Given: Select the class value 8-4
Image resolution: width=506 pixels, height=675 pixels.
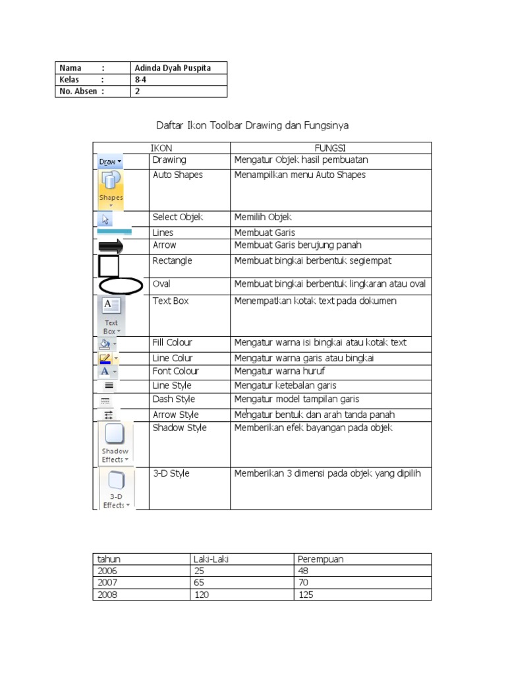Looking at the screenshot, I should [140, 80].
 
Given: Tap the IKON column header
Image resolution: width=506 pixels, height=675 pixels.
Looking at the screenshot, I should [161, 148].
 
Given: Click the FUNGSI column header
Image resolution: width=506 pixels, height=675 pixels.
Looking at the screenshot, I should [330, 148].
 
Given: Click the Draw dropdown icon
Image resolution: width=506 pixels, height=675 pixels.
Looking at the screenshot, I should [110, 161].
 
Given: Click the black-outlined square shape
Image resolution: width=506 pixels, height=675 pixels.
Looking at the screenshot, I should [108, 266].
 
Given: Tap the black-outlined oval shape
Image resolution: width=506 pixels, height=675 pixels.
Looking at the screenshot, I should [121, 286].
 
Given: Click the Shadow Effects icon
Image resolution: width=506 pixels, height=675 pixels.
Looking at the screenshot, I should [115, 442].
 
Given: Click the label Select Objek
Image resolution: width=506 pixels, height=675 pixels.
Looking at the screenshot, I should [178, 217].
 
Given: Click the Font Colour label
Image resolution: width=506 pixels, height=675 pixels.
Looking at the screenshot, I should [175, 371].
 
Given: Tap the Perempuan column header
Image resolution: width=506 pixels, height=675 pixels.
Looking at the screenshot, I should [320, 559].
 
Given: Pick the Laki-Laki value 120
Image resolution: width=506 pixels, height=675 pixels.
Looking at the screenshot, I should [201, 595].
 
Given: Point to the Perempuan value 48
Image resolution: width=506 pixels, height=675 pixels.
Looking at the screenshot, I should [303, 572].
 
